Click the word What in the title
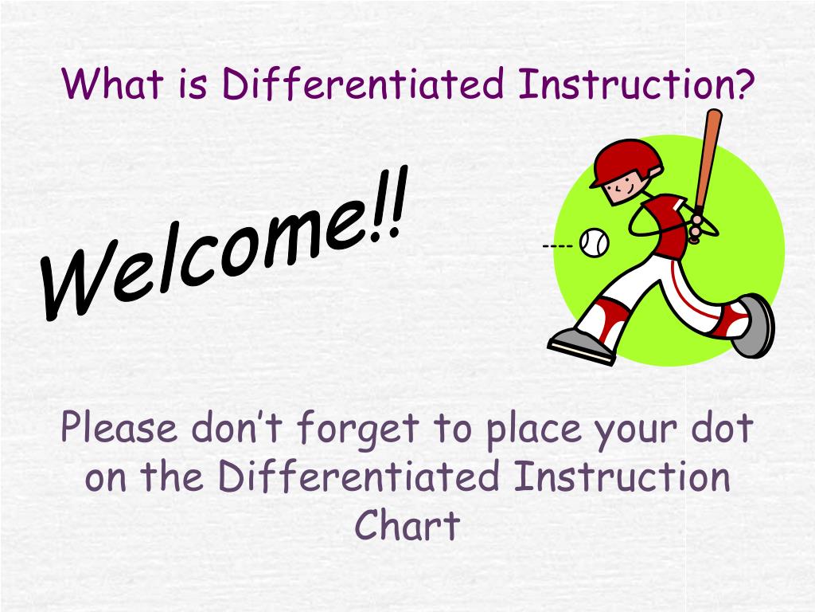point(112,83)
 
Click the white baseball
point(594,242)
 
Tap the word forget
point(358,429)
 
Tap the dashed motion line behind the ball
point(558,245)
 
